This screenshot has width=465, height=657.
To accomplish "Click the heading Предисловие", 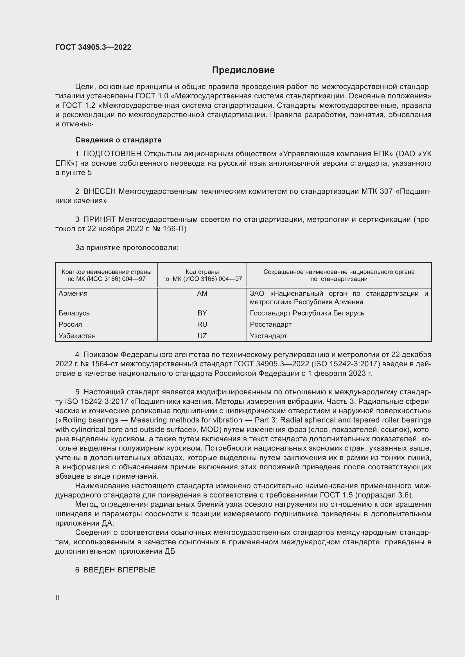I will (243, 70).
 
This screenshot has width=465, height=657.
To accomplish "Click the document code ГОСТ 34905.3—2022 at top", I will (93, 47).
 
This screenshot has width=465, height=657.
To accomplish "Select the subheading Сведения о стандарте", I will (118, 140).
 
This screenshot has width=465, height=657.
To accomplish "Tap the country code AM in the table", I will (202, 293).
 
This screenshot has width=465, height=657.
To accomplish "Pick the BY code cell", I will (202, 313).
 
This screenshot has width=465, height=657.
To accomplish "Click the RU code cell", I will (202, 324).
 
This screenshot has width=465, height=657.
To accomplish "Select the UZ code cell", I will (202, 336).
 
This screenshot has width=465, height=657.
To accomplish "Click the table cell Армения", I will (73, 293).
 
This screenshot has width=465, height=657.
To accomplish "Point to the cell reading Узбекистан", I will (77, 336).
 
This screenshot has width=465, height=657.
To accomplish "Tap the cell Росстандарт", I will (270, 324).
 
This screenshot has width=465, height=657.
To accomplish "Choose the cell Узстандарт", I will (268, 336).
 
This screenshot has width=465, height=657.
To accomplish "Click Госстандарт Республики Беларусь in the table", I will (307, 313).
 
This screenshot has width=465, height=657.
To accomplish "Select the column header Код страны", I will (202, 272).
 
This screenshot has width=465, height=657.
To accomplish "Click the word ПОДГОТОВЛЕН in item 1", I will (112, 154).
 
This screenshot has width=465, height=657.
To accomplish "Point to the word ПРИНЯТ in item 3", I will (100, 219).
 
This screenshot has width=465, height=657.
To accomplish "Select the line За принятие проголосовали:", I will (127, 247).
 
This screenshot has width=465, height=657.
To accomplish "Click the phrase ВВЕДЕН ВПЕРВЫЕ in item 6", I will (119, 570).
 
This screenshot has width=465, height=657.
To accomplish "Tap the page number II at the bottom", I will (57, 597).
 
